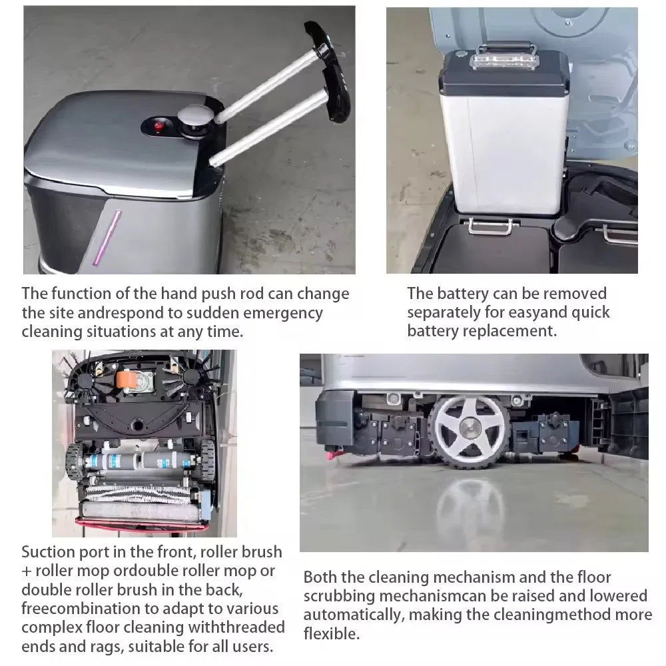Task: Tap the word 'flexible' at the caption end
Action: coord(331,633)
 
